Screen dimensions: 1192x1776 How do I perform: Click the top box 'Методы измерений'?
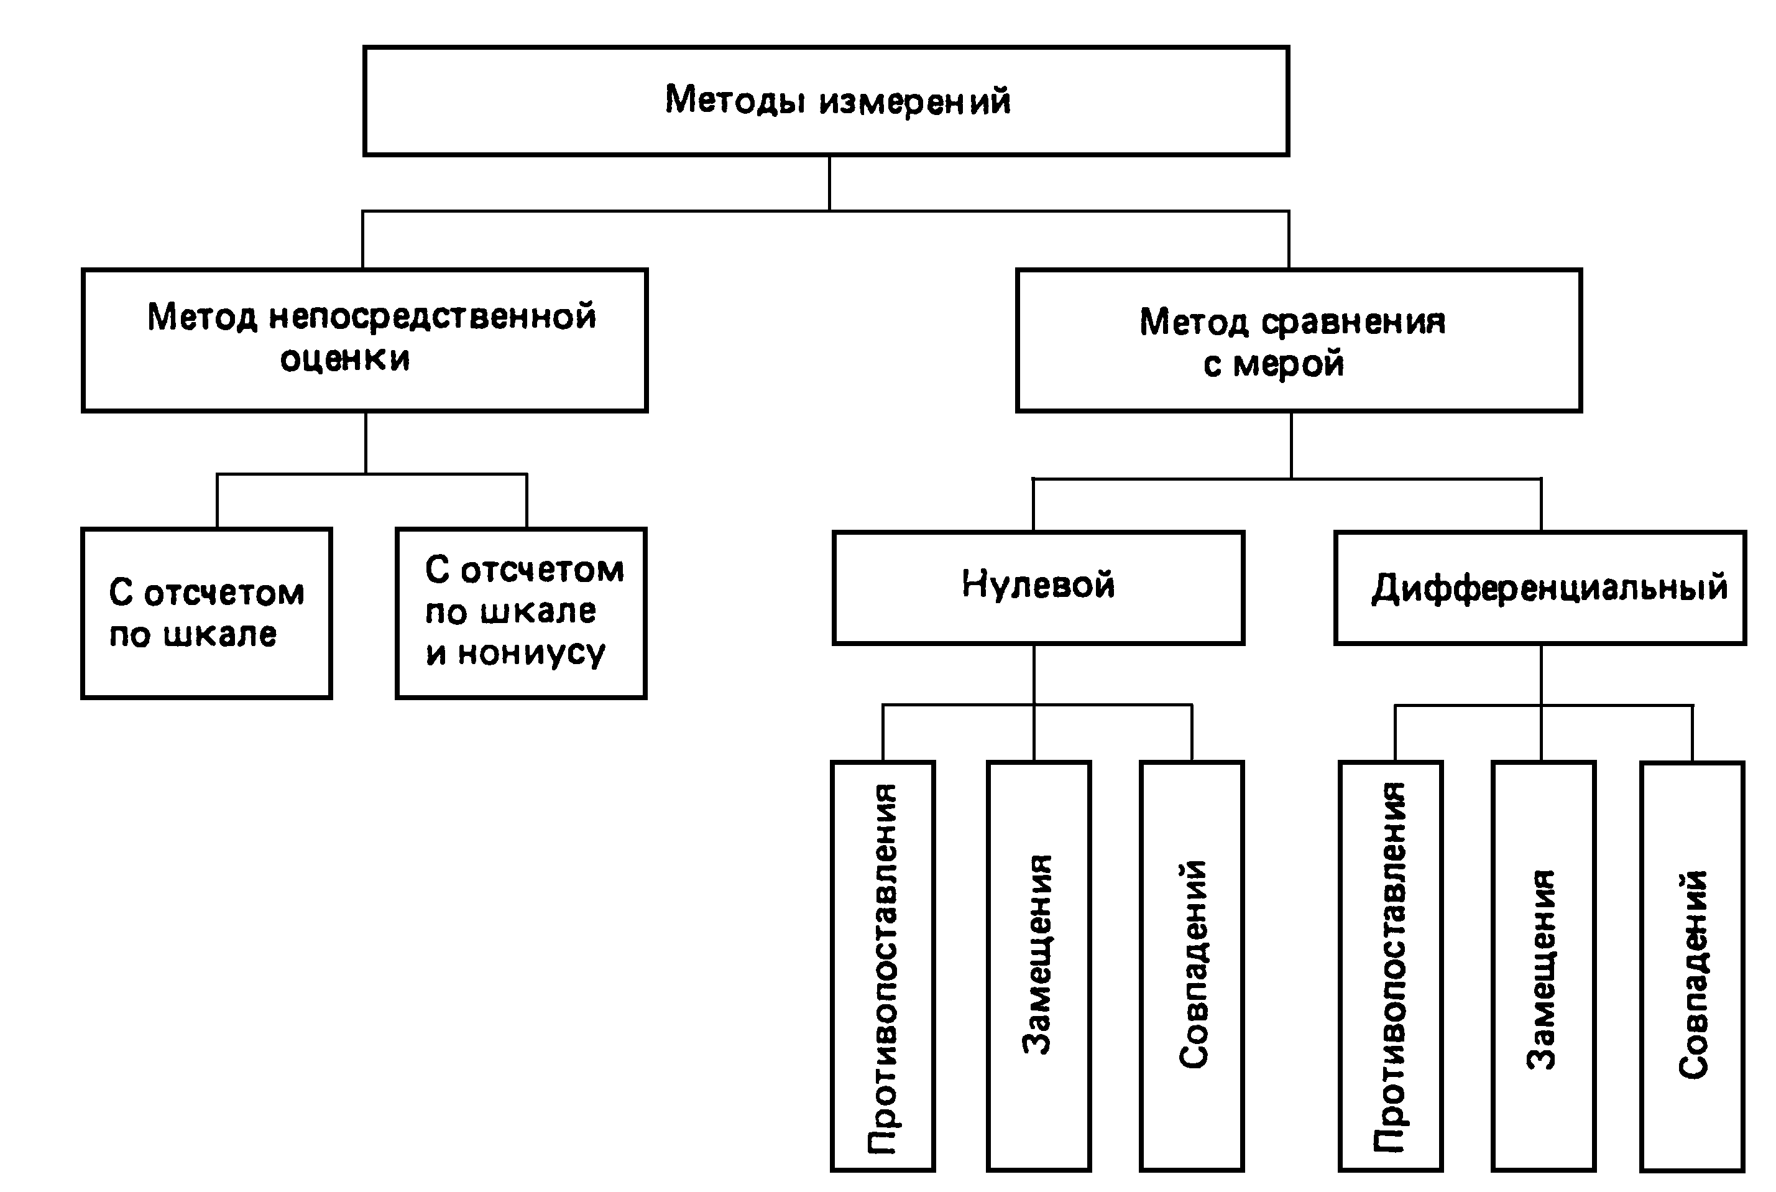[x=826, y=101]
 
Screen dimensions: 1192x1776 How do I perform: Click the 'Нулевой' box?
[x=1038, y=587]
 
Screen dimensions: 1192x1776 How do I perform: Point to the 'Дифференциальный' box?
[x=1539, y=588]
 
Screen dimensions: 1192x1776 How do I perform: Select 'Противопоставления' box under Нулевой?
[x=882, y=966]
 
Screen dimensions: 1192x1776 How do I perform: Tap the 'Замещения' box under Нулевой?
[x=1038, y=966]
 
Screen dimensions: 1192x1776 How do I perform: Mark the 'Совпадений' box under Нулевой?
[x=1191, y=966]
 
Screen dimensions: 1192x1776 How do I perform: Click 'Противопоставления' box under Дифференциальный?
[x=1390, y=966]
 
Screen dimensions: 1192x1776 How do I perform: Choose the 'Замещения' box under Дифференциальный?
[x=1543, y=966]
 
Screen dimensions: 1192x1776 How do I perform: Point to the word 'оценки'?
[x=344, y=359]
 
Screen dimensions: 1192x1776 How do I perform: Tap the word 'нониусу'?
[x=531, y=653]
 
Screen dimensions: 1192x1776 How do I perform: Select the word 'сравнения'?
[x=1353, y=322]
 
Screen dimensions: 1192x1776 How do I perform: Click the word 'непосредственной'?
[x=433, y=318]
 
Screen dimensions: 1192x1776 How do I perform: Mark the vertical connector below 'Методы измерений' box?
[x=829, y=183]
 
